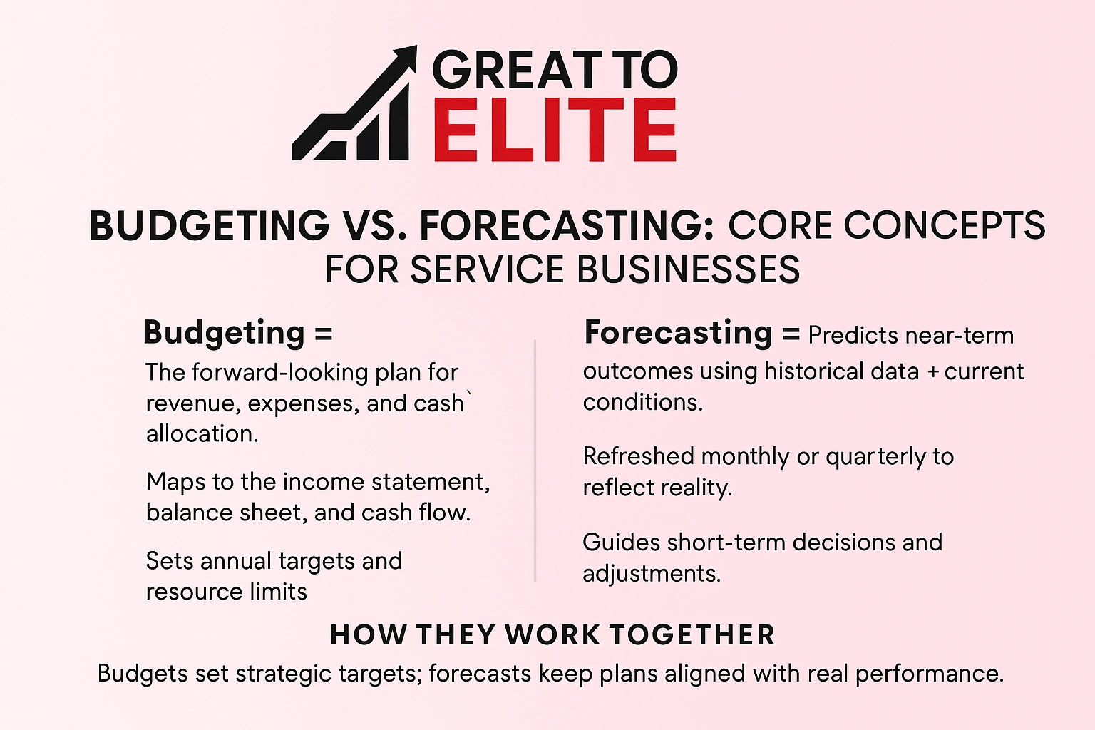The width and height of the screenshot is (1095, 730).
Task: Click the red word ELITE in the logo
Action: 555,130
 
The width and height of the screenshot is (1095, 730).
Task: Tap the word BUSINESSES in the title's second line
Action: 688,270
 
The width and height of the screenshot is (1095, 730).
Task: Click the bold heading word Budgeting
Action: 224,333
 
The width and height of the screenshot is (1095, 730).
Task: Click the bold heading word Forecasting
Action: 678,333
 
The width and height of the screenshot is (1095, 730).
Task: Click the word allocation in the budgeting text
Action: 200,434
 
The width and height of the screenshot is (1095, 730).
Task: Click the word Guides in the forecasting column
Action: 622,543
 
